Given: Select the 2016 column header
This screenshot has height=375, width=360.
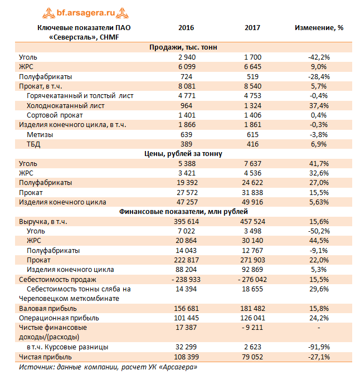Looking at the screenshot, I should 186,28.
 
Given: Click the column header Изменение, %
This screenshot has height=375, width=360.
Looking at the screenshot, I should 319,28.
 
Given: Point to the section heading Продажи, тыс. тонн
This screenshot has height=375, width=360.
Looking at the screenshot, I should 183,47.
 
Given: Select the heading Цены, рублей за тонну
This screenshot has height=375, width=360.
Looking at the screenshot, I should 183,154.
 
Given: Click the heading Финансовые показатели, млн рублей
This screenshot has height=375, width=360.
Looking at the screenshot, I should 183,212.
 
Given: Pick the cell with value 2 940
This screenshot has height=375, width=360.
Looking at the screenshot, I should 187,57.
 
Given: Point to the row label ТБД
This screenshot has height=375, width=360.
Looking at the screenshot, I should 33,144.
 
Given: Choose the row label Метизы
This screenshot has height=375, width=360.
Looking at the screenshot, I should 40,134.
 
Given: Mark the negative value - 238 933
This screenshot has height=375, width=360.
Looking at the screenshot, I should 186,279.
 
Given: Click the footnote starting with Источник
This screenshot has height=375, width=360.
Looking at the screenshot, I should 108,367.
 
